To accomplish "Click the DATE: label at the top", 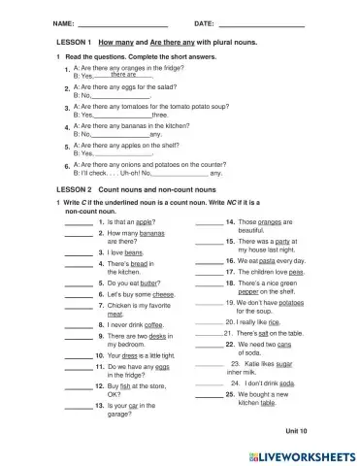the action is [204, 22].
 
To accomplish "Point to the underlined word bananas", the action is [152, 233].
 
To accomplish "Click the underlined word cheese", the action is [164, 293].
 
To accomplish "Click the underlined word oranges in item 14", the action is [278, 222].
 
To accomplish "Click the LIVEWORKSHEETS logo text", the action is [302, 453].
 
